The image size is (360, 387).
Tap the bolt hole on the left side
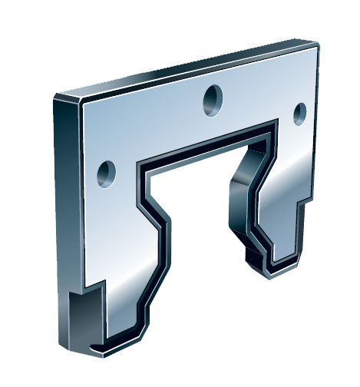(106, 171)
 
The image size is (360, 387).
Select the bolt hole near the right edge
(299, 112)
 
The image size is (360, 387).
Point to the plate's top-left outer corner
(56, 96)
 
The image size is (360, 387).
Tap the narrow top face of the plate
(184, 69)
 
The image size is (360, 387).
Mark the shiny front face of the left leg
(123, 261)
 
